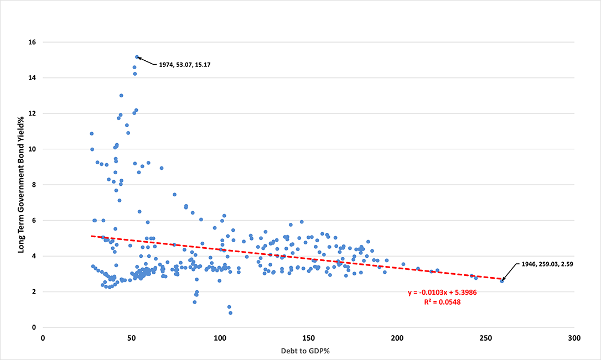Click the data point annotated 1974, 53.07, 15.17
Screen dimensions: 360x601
tap(137, 57)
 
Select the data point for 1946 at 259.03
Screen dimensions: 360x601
tap(502, 281)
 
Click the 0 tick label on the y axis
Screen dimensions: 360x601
tap(37, 327)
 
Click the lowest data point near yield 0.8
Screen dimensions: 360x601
tap(230, 313)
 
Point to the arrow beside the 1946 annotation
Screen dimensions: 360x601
tap(509, 273)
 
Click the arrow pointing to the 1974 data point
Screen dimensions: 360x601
tap(145, 60)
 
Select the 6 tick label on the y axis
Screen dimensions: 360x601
tap(37, 221)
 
